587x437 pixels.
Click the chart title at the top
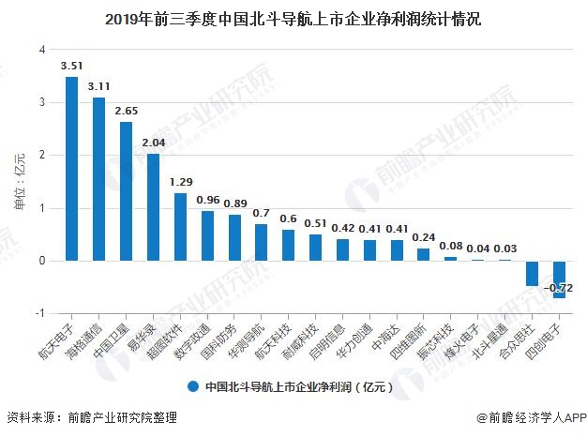point(293,18)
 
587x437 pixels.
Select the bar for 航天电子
point(71,169)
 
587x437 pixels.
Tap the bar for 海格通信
point(98,179)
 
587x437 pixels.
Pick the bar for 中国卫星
point(126,191)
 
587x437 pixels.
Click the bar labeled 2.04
point(153,207)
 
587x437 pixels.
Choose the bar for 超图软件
point(180,227)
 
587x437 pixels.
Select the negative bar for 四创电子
point(559,279)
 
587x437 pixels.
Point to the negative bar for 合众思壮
point(532,273)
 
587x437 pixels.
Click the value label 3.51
point(71,66)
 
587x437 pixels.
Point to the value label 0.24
point(423,237)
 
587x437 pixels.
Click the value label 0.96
point(207,199)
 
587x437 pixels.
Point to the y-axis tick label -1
point(39,313)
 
